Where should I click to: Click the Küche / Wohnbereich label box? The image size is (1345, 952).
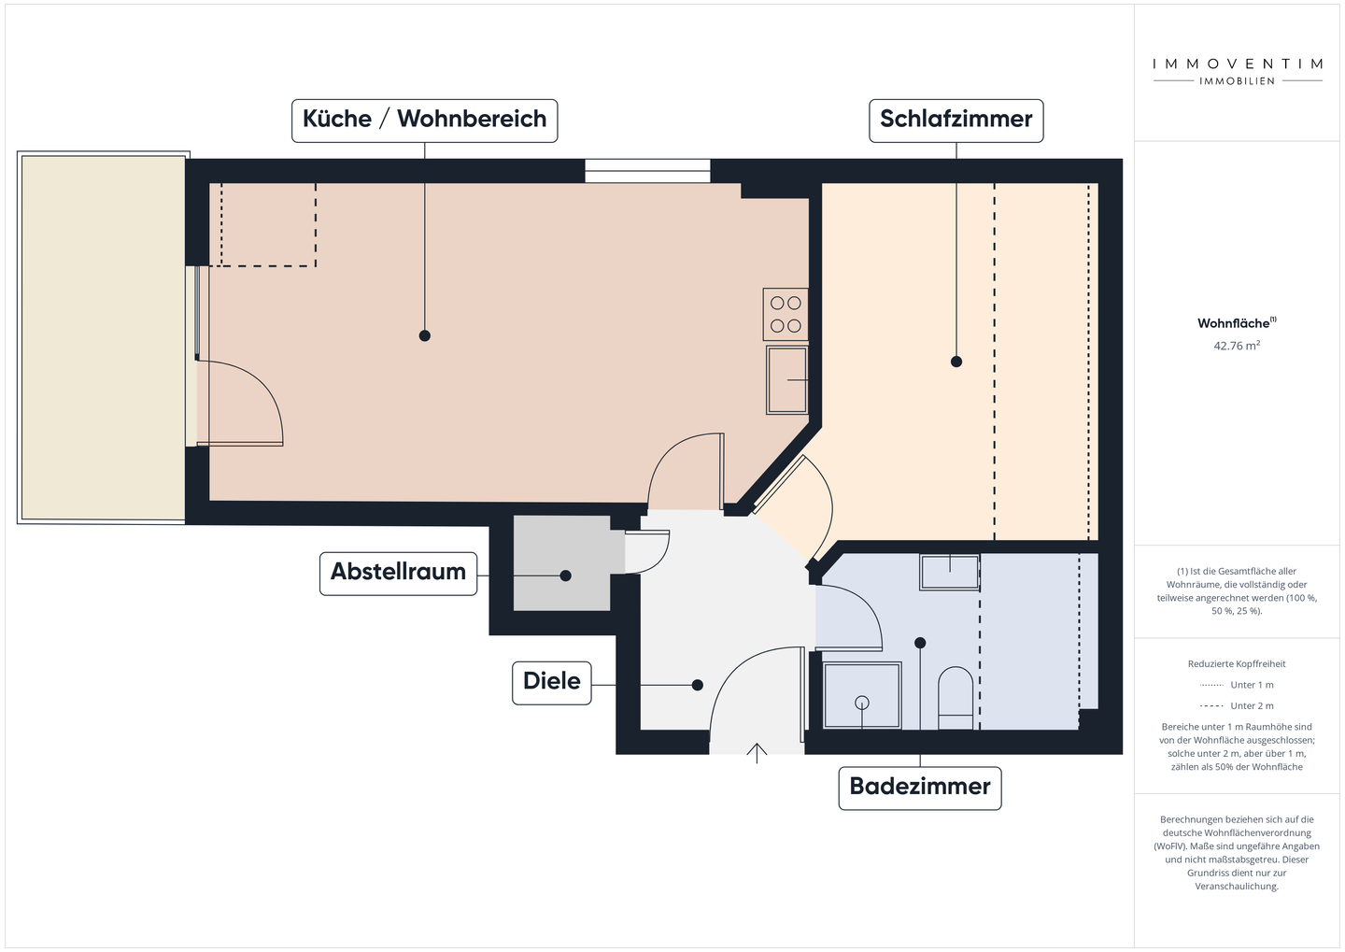(424, 121)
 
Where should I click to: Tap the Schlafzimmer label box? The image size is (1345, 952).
(956, 121)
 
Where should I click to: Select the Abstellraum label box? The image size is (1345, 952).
(398, 573)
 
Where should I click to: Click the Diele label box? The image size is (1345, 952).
(551, 682)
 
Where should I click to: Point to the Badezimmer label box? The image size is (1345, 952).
(919, 788)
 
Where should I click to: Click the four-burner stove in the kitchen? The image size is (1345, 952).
(786, 315)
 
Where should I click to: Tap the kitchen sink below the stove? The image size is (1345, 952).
(786, 379)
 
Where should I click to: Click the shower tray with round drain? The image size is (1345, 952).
(862, 696)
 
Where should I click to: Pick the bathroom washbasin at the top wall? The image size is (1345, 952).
(949, 572)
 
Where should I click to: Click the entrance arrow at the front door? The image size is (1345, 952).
(757, 753)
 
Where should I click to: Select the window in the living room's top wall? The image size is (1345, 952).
(647, 171)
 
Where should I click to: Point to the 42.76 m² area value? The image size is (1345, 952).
(1236, 346)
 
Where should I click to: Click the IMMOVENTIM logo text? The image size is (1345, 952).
(1237, 64)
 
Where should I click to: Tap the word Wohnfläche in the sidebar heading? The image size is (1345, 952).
(1233, 323)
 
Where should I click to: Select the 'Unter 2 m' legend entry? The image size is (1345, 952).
(1237, 706)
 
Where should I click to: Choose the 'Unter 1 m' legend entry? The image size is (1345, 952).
(1237, 686)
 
